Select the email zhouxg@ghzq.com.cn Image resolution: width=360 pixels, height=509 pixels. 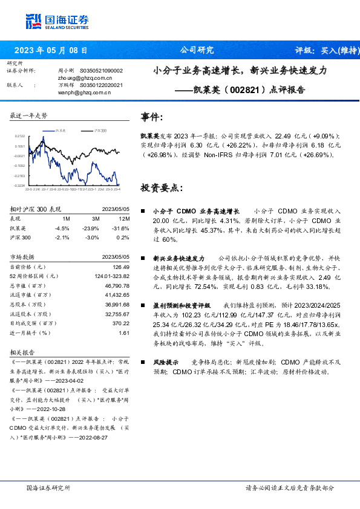[85, 78]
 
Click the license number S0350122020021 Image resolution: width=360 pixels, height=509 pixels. [101, 85]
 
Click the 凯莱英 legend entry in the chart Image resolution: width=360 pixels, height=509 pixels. [61, 130]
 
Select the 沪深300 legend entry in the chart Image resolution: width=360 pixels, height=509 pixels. [100, 130]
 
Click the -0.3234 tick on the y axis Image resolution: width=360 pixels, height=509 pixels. [19, 185]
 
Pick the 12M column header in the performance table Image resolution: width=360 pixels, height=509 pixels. [124, 218]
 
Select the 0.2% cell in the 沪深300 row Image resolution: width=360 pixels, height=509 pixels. [124, 237]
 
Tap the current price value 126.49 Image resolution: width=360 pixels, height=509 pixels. [121, 267]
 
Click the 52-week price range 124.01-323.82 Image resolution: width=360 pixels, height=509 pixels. [113, 276]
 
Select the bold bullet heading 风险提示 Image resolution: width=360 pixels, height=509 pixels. [166, 362]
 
